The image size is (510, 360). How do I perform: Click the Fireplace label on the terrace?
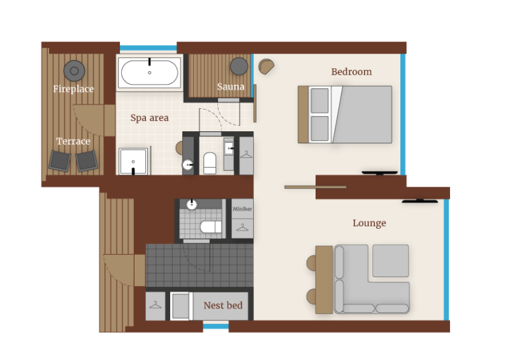point(73,89)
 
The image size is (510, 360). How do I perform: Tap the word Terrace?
point(73,141)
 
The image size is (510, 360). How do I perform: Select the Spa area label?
point(149,118)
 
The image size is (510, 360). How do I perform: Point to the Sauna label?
point(231,87)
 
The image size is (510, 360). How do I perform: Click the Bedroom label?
point(351,72)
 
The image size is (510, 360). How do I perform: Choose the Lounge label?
point(369,223)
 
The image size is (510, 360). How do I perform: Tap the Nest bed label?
point(222,306)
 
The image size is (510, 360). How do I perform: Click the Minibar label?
point(242,208)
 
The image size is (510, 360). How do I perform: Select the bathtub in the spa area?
point(150,73)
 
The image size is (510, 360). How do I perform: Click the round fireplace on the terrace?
point(75,70)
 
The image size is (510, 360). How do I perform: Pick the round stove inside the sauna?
point(239,66)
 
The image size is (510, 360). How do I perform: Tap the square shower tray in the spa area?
point(133,161)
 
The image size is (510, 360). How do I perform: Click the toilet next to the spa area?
point(210,163)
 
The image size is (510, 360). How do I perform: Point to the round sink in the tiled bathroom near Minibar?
point(192,205)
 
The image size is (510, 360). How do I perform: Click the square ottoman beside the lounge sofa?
point(390,261)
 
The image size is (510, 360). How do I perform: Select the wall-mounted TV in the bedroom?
point(379,173)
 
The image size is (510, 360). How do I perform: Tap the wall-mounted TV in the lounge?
point(419,201)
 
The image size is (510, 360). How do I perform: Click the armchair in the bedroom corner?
point(266,66)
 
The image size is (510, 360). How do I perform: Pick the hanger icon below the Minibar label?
point(242,227)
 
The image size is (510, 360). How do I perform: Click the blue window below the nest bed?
point(215,326)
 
